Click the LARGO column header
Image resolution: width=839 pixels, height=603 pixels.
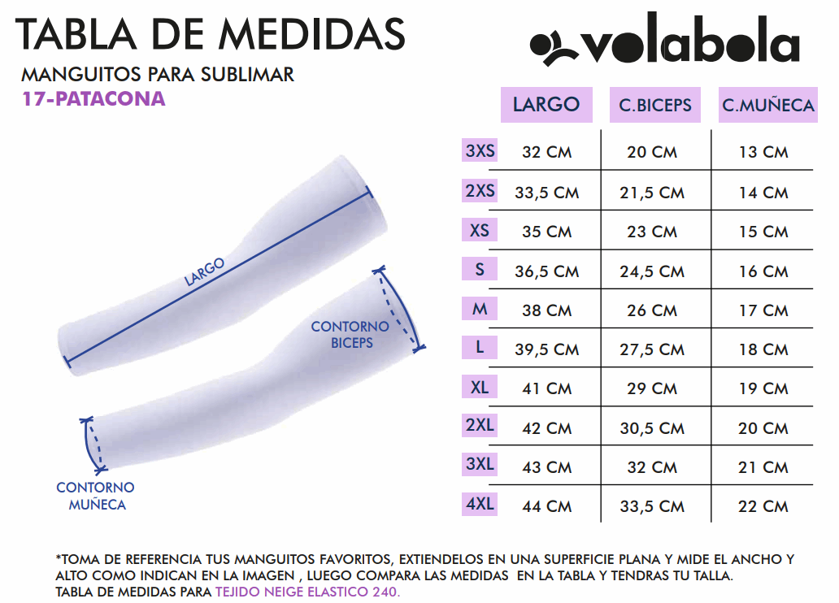click(546, 104)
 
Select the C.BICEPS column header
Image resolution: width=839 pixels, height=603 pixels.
click(655, 105)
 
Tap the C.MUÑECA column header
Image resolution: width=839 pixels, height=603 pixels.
click(767, 105)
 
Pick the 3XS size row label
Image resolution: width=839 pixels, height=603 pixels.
click(480, 150)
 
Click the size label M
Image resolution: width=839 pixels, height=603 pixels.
click(480, 309)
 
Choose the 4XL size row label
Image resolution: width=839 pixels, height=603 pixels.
click(480, 504)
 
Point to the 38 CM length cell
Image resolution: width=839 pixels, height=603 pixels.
click(546, 310)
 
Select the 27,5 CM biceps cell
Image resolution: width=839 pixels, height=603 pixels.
click(652, 349)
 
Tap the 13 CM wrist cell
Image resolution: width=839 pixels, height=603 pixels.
click(763, 152)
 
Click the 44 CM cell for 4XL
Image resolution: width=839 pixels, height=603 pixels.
click(546, 506)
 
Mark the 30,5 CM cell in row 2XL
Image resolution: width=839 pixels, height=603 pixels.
click(652, 428)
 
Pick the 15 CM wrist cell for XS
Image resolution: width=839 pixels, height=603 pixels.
click(763, 232)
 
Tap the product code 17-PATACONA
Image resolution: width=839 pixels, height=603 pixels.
click(94, 99)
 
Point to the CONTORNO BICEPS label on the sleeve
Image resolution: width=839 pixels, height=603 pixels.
click(350, 334)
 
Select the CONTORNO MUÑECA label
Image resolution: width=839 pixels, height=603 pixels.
click(95, 496)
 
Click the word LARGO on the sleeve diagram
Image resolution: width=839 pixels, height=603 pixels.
click(204, 271)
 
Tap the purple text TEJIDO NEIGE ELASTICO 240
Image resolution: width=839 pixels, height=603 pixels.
click(307, 592)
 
